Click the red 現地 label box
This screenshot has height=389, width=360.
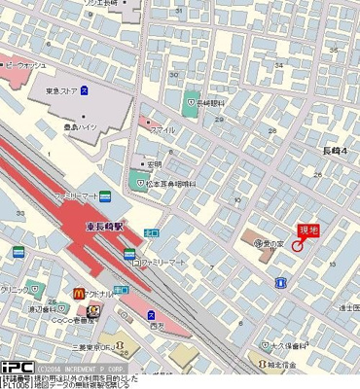tap(307, 230)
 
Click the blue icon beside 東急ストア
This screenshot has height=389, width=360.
tap(84, 91)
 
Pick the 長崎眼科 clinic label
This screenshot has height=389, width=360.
tap(211, 100)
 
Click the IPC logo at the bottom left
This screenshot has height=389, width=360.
tap(16, 369)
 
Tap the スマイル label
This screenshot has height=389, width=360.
tap(162, 128)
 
